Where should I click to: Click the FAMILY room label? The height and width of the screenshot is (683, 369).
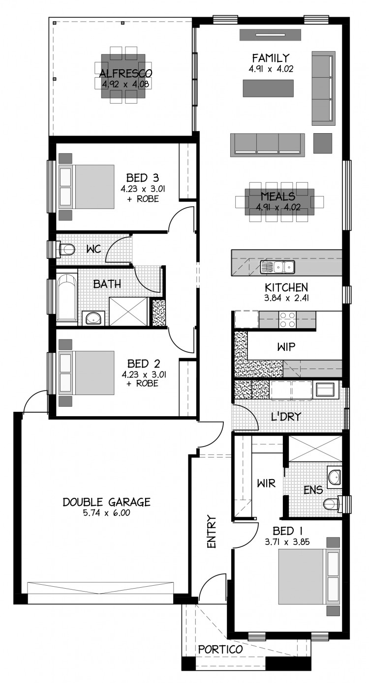[x=271, y=57]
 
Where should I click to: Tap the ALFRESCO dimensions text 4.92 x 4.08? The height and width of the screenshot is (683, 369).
[x=125, y=84]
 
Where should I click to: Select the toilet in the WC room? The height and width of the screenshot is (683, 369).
[x=65, y=249]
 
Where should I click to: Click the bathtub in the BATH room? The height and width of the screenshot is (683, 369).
[x=66, y=297]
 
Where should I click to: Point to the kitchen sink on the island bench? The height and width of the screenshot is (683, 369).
[x=277, y=267]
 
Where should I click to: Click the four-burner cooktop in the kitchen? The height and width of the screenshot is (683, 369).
[x=287, y=319]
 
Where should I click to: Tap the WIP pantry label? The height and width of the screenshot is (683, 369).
[x=286, y=347]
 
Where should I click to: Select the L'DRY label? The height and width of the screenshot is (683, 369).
[x=286, y=416]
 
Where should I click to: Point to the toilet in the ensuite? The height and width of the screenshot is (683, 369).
[x=333, y=504]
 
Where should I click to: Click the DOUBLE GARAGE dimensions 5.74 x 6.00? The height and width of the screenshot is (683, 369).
[x=107, y=513]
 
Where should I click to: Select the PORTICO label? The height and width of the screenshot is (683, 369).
[x=220, y=650]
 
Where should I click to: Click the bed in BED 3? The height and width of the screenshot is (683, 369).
[x=87, y=187]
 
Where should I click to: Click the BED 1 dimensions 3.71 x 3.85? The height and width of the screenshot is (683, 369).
[x=287, y=542]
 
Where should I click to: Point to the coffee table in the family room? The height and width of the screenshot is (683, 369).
[x=268, y=88]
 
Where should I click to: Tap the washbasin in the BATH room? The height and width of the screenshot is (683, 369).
[x=93, y=318]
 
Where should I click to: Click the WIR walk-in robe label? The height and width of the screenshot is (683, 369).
[x=266, y=484]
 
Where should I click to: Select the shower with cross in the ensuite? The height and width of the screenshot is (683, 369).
[x=315, y=449]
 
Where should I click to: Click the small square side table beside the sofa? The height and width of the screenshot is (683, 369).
[x=323, y=143]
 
